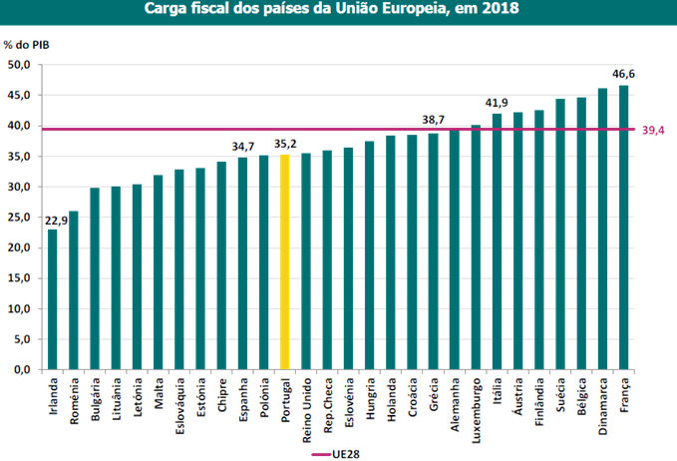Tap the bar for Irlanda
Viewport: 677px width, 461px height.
coord(52,299)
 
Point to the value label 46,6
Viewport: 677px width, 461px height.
coord(625,74)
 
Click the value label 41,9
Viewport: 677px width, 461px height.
coord(497,103)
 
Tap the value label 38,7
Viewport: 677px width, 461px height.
coord(433,121)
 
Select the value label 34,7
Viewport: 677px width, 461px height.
coord(242,147)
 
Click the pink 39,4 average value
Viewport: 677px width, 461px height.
coord(655,130)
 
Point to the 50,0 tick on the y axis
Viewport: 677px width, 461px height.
coord(20,65)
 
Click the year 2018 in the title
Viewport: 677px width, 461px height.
coord(498,10)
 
